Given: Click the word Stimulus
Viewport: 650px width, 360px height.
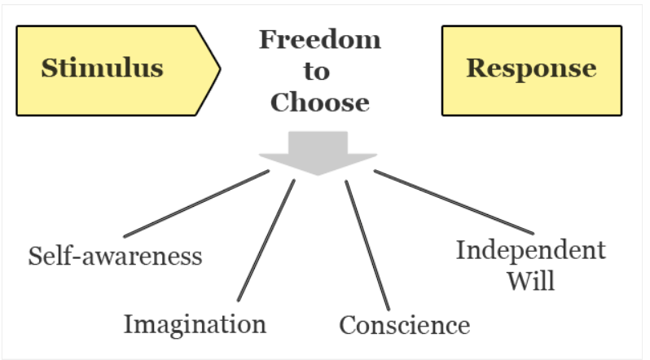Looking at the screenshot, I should coord(102,68).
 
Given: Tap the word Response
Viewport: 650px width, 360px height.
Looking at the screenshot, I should coord(531,68).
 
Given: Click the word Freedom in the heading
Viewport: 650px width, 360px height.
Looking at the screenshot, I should coord(319,39).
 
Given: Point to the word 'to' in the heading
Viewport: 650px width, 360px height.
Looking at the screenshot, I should coord(317,71).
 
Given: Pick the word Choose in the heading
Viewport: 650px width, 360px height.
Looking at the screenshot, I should coord(319,103).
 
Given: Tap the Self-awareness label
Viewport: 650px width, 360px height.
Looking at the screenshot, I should coord(115,257).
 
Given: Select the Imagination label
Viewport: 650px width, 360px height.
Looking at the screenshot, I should coord(195,324).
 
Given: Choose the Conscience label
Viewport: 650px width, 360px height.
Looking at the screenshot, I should coord(405,325).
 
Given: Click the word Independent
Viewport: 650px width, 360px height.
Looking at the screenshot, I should coord(530,250).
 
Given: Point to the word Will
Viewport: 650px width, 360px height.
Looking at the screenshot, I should coord(530,281).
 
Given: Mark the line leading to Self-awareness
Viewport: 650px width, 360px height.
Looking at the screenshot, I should coord(195,204).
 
